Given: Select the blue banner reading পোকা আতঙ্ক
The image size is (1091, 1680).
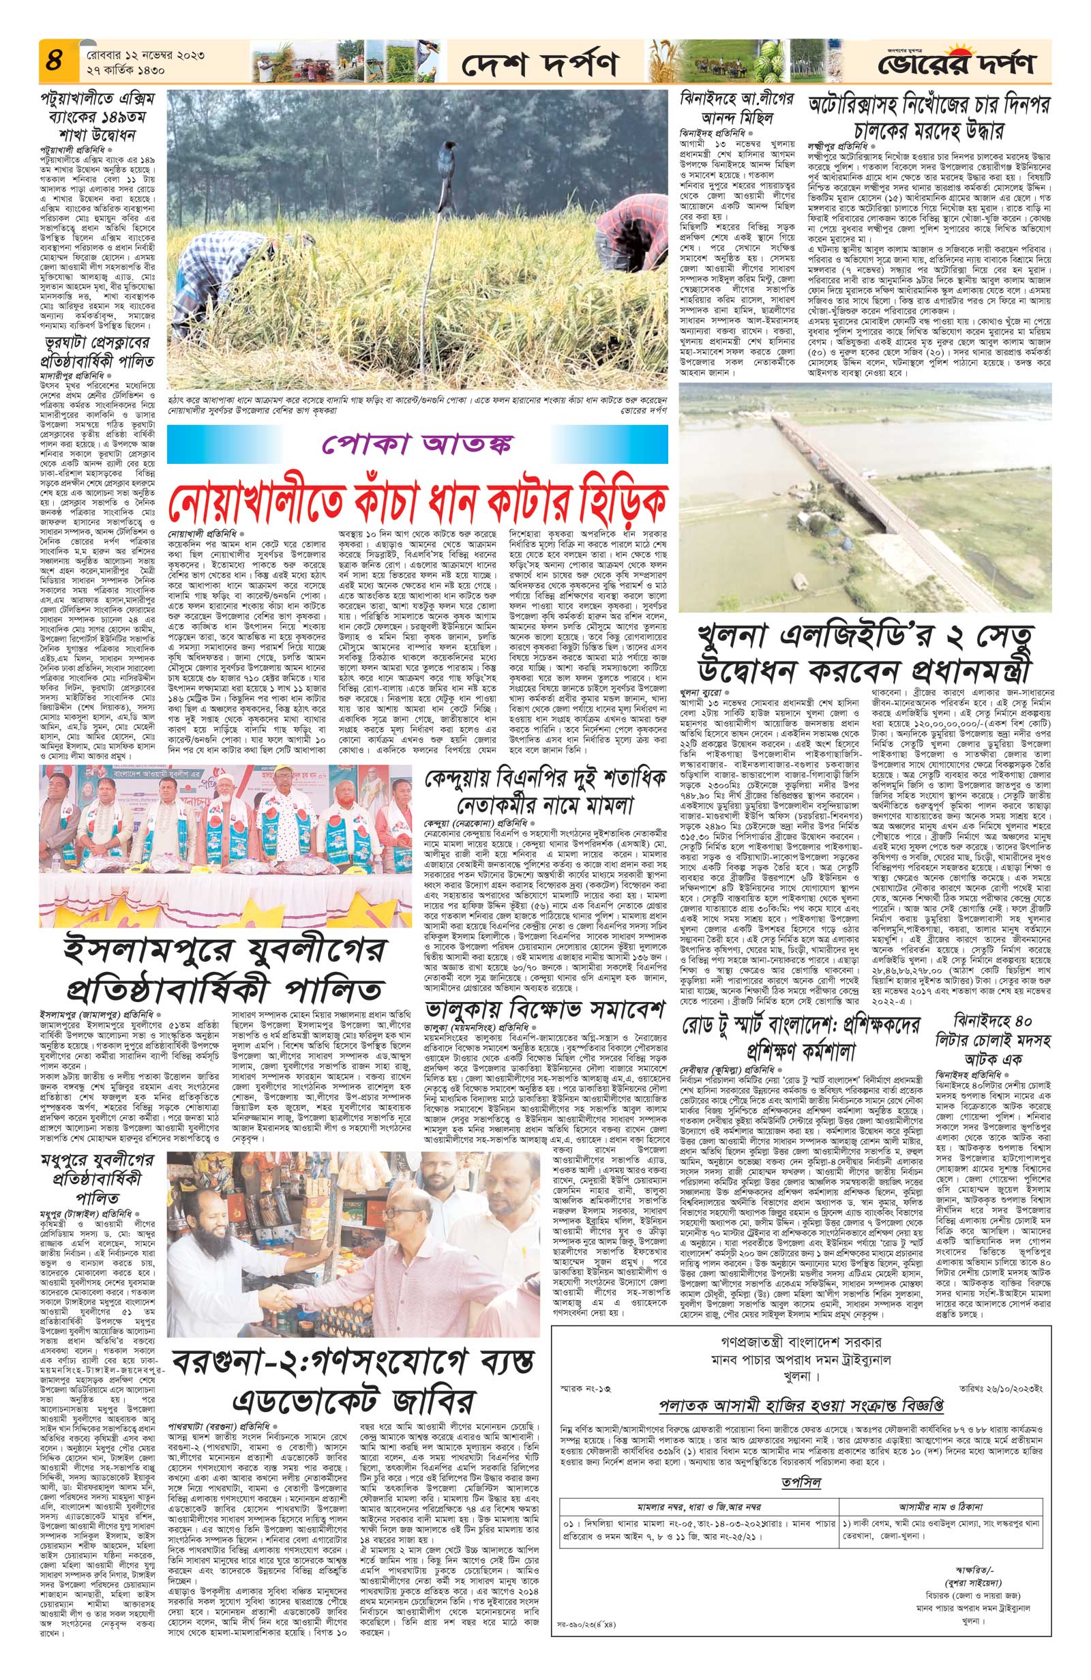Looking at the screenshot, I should pyautogui.click(x=418, y=445).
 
